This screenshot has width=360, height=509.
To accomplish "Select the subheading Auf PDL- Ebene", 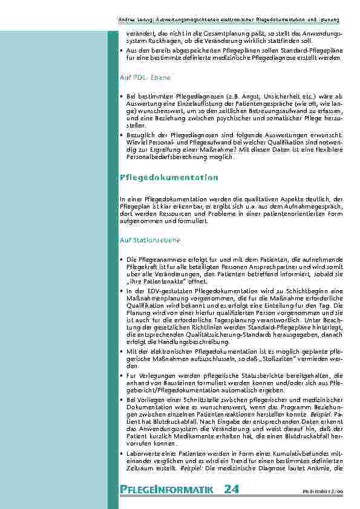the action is coord(145,78).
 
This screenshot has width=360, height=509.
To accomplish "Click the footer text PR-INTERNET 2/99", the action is coord(326,491).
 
